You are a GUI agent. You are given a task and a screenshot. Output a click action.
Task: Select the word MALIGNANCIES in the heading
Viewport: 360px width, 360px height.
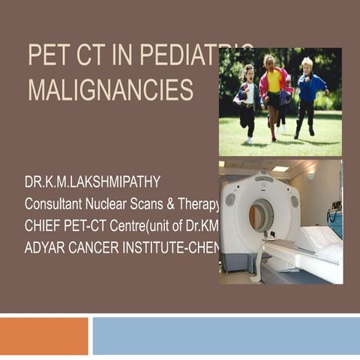click(x=110, y=89)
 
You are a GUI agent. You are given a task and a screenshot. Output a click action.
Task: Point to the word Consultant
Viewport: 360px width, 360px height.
click(x=55, y=204)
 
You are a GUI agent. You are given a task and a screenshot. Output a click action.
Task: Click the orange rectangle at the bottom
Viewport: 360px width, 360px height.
click(x=44, y=335)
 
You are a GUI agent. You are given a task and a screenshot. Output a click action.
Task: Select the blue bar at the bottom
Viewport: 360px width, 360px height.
click(x=226, y=335)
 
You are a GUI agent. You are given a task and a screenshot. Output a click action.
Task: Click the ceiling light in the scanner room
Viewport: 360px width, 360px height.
click(x=280, y=169)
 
